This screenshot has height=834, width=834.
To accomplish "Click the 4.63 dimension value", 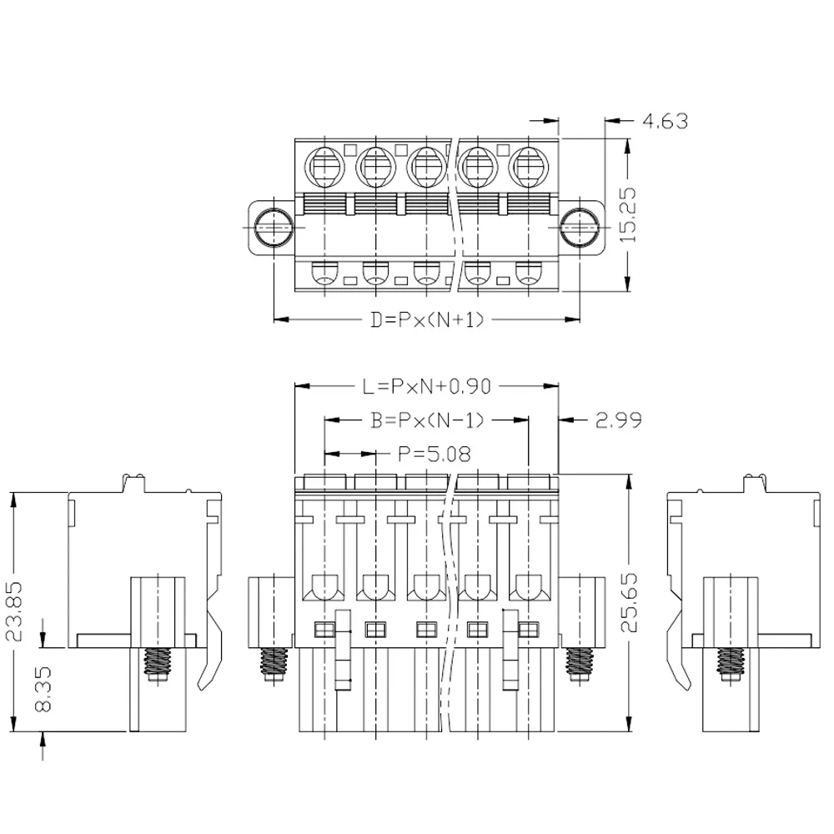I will pyautogui.click(x=665, y=122).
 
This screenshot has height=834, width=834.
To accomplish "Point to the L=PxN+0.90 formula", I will pyautogui.click(x=427, y=386).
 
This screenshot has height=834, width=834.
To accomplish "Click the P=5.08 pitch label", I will pyautogui.click(x=434, y=455).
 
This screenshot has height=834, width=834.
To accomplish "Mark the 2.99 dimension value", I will pyautogui.click(x=618, y=420).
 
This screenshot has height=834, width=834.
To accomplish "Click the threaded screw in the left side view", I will pyautogui.click(x=157, y=663).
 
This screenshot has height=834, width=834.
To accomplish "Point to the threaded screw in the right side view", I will pyautogui.click(x=731, y=663).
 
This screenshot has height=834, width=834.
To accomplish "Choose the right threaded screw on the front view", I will pyautogui.click(x=578, y=664).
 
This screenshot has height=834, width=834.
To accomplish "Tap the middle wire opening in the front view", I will pyautogui.click(x=426, y=588).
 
